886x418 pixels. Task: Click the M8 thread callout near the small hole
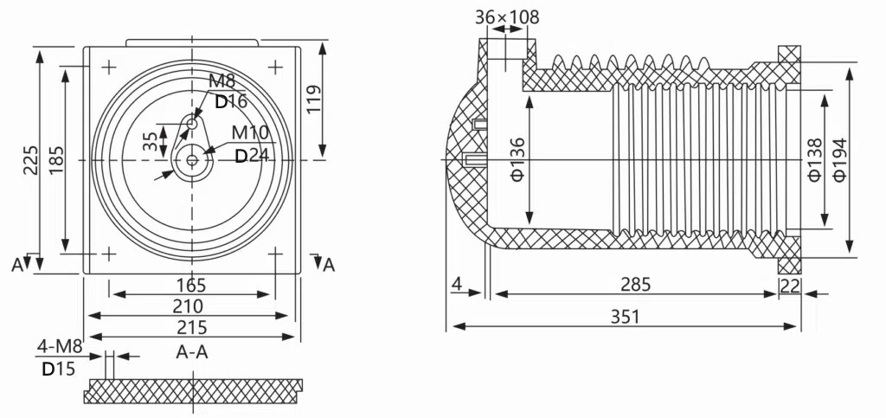pyautogui.click(x=221, y=82)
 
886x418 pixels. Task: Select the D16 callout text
pyautogui.click(x=231, y=101)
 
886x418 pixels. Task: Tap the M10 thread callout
pyautogui.click(x=250, y=132)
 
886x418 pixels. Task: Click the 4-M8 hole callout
pyautogui.click(x=59, y=348)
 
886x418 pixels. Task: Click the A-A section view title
pyautogui.click(x=191, y=351)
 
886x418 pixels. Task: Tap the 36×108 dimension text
pyautogui.click(x=508, y=16)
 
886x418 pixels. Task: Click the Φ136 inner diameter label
pyautogui.click(x=518, y=159)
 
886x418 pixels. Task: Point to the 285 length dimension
pyautogui.click(x=635, y=284)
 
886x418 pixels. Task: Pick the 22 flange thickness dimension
pyautogui.click(x=789, y=286)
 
